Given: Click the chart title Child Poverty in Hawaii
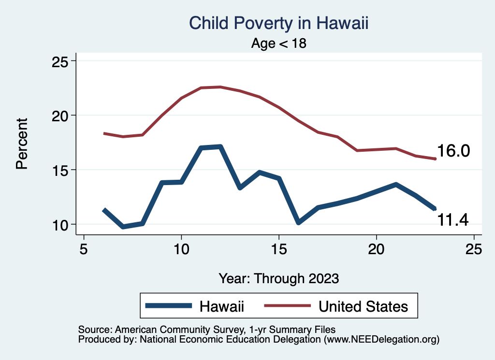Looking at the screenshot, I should pos(278,24).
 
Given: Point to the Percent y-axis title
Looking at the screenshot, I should pos(21,143).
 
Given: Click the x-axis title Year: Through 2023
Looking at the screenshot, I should pos(278,278).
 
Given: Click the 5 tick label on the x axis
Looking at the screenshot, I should pos(84,250).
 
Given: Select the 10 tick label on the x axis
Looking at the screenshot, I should pos(181,250).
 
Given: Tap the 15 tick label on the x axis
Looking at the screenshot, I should pos(279,250).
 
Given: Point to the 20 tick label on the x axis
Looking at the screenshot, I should pos(376,250).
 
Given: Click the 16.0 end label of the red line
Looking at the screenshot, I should pos(453,151).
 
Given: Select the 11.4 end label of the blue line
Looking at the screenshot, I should pos(453,220).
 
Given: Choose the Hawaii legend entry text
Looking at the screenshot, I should pos(222,306).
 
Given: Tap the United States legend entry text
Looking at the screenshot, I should pos(363,306).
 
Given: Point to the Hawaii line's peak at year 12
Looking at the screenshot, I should pos(220,146).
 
